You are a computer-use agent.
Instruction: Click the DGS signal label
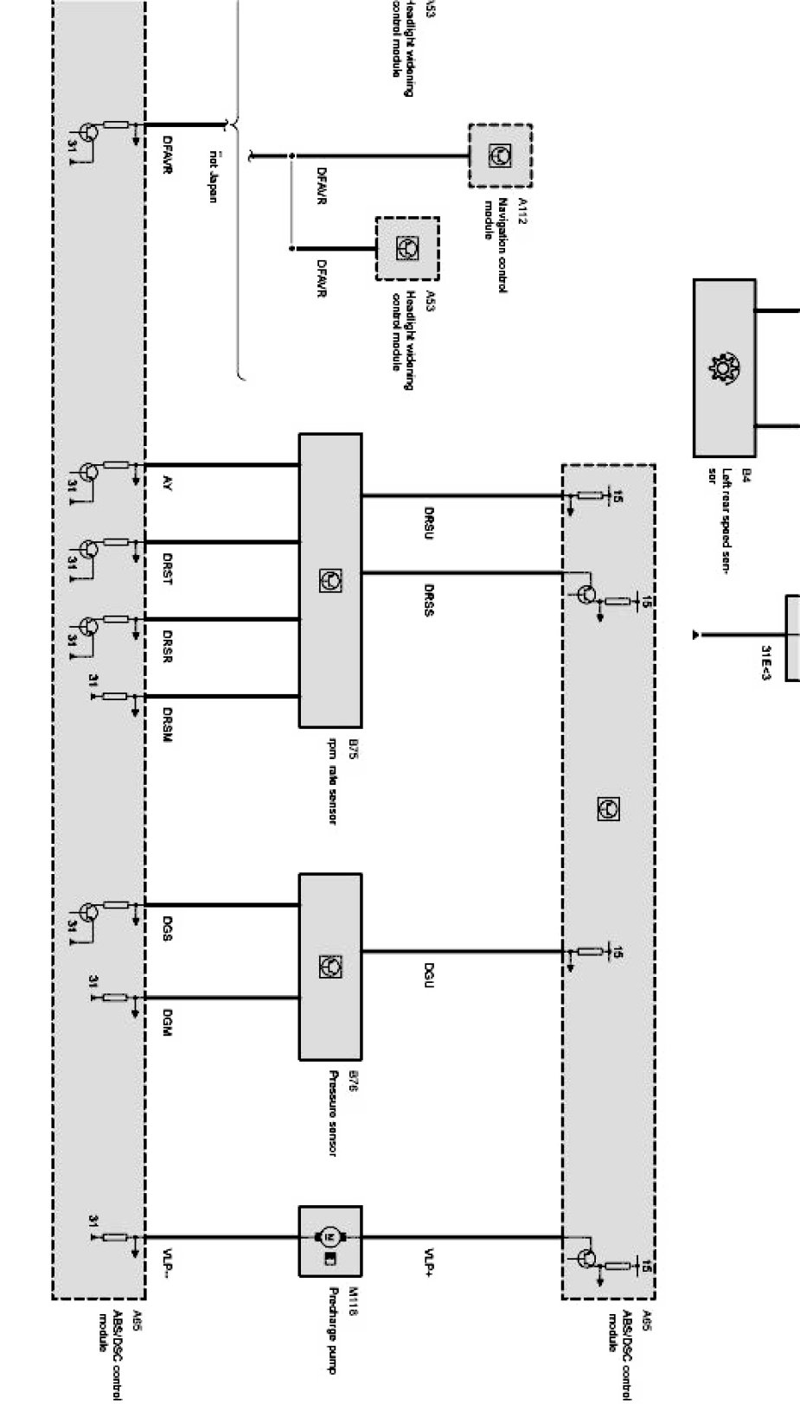pos(168,933)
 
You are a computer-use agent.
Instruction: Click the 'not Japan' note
pos(213,176)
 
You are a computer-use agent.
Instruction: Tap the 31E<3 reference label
pos(765,661)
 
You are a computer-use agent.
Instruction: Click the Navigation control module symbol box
pos(500,156)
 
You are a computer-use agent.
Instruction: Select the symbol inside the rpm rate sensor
pos(330,580)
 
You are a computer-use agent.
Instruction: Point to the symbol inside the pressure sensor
pos(330,966)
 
